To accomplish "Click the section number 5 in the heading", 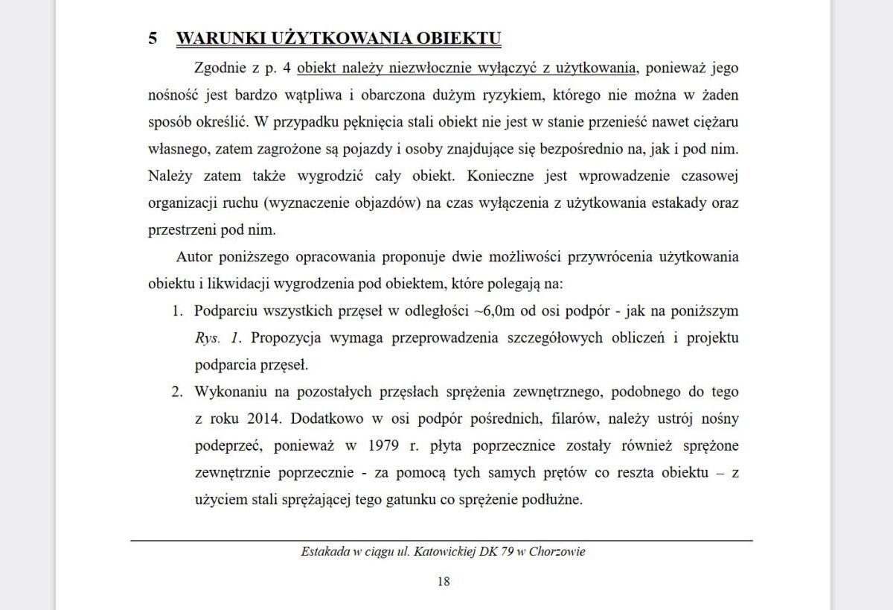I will (x=153, y=39).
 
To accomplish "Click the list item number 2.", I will (x=177, y=392).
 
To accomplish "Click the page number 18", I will (x=444, y=582).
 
